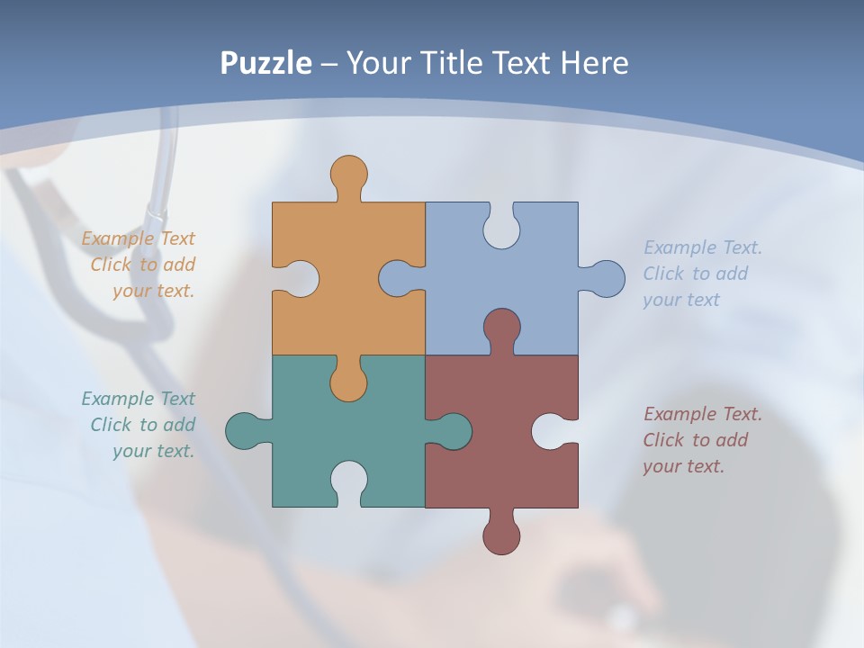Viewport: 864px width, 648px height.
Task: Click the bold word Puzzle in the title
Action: pos(266,63)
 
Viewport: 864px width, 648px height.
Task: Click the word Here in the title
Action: pos(593,63)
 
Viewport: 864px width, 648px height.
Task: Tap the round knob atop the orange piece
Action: pos(348,175)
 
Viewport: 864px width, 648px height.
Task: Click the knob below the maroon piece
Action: pos(501,535)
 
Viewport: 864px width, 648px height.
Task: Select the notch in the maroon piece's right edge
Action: pos(551,431)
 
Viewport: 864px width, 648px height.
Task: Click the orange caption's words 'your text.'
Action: pos(153,291)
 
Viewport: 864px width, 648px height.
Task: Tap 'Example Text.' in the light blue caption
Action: pos(703,247)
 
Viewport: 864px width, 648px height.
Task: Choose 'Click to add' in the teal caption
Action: pos(142,425)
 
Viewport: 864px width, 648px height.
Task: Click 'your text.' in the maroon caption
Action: pos(683,466)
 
